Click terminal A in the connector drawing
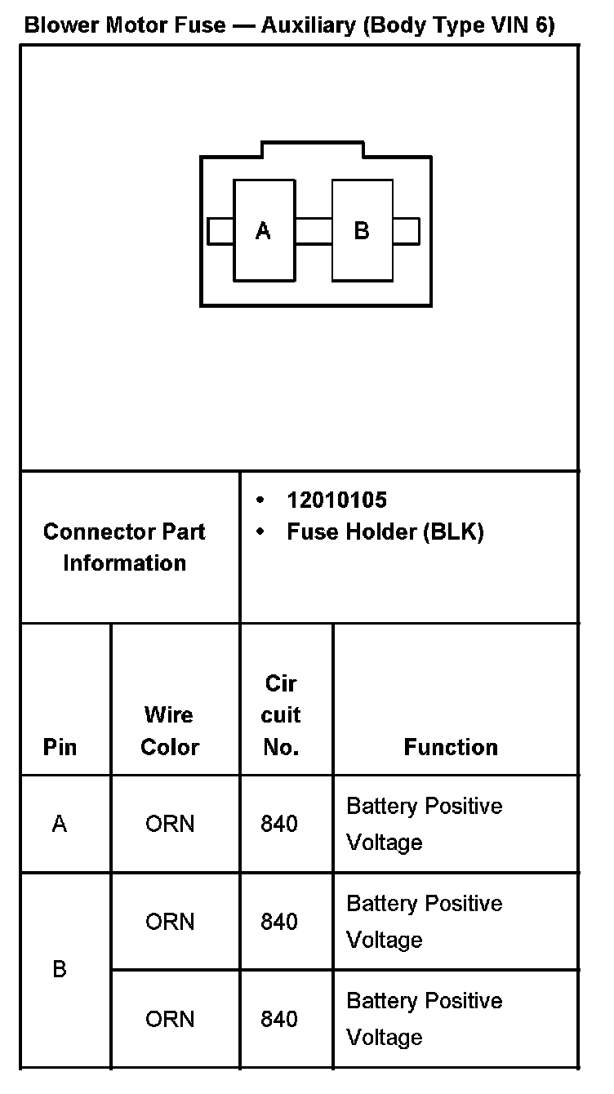tap(264, 231)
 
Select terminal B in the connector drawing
tap(362, 231)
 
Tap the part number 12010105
tap(336, 500)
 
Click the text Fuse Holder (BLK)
tap(385, 532)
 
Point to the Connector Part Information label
tap(124, 547)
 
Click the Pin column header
tap(60, 747)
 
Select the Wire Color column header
tap(169, 731)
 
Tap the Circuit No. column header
tap(281, 715)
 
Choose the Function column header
tap(451, 747)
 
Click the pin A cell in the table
tap(60, 825)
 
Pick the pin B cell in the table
tap(60, 970)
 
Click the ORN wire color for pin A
tap(170, 825)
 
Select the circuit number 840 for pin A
tap(279, 825)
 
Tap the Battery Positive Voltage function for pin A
tap(425, 825)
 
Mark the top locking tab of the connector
tap(312, 149)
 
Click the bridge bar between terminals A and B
tap(313, 231)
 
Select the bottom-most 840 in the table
tap(279, 1019)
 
